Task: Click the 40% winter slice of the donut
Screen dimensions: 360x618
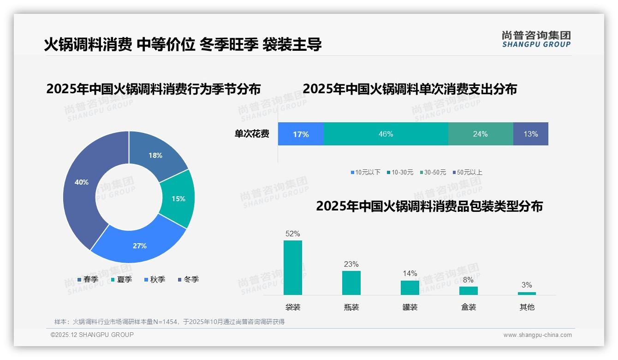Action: (81, 185)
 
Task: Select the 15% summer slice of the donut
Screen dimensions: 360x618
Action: (178, 198)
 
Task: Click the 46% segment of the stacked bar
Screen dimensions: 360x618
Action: (386, 134)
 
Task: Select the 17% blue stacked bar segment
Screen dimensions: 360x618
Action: (301, 134)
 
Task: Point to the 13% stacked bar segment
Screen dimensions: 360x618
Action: (530, 134)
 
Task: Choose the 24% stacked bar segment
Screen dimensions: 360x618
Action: (480, 134)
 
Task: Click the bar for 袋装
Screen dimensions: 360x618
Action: (293, 268)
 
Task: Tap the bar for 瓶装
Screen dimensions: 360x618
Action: (351, 282)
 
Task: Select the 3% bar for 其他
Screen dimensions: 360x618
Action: (527, 293)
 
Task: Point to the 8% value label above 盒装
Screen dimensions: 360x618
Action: (468, 280)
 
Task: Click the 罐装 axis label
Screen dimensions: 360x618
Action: (410, 307)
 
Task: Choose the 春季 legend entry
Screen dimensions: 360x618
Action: (88, 279)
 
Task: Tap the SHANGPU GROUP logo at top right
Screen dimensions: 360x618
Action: (536, 39)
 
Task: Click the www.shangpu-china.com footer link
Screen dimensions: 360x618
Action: (537, 335)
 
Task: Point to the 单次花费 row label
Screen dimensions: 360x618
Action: (252, 134)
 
